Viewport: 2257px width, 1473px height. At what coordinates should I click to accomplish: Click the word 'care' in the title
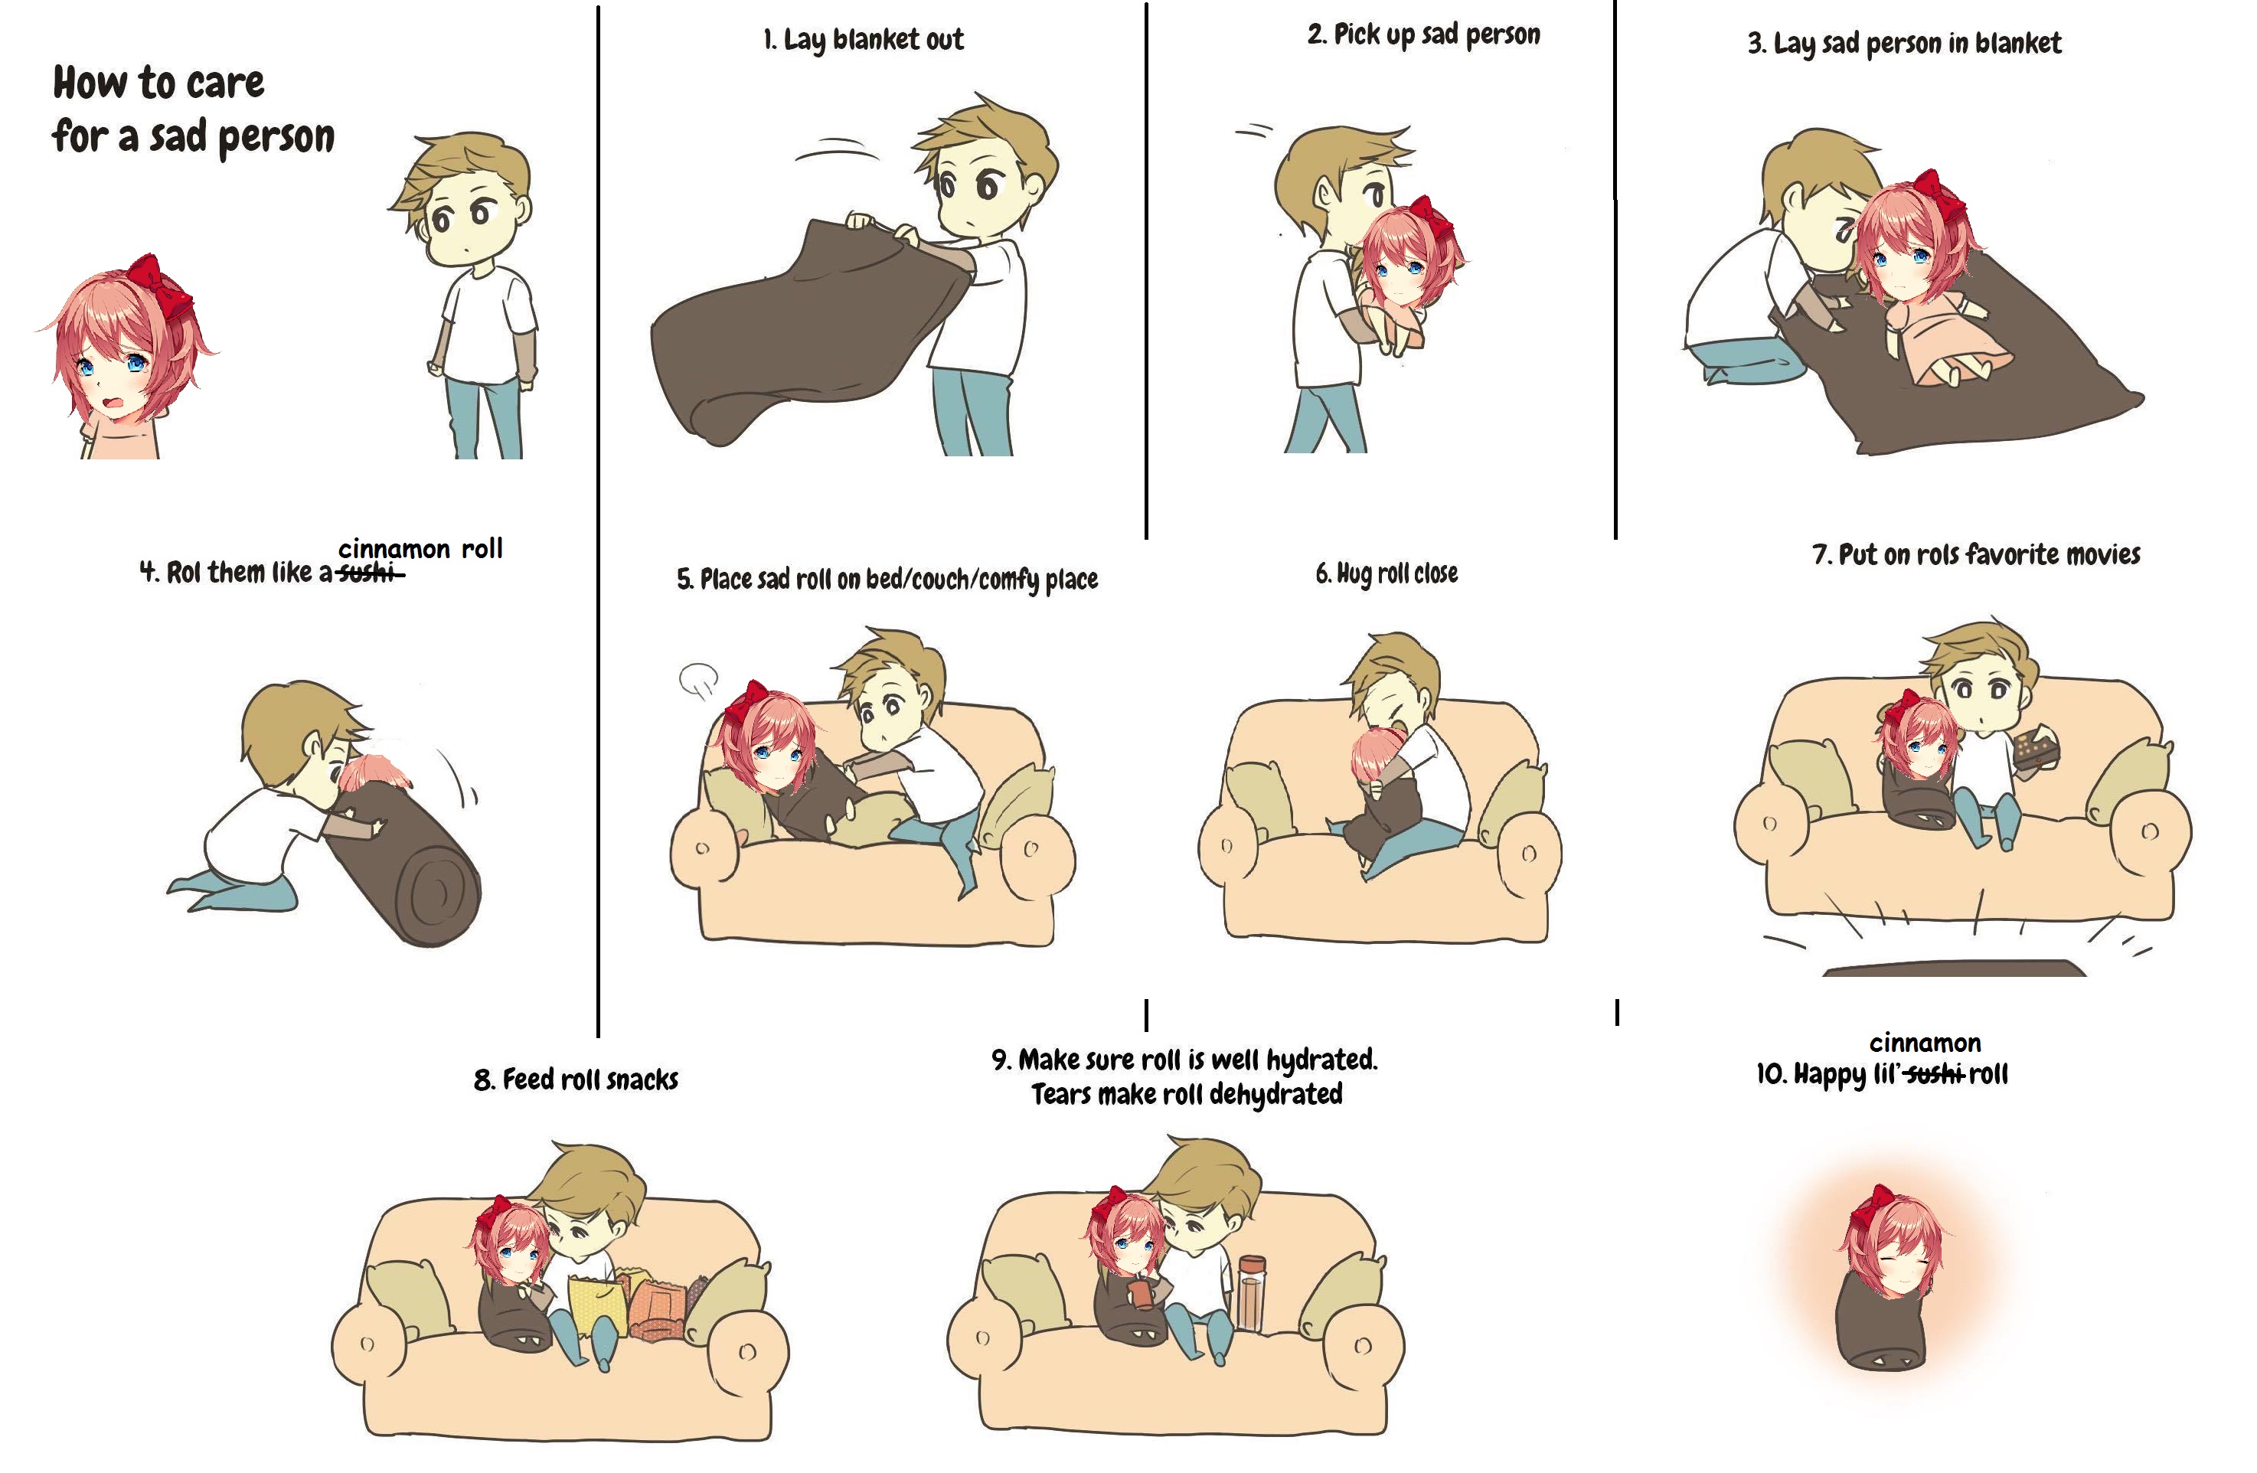226,83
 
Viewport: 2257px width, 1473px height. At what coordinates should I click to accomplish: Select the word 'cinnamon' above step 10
1925,1043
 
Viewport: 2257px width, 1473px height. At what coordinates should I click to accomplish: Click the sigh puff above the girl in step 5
699,679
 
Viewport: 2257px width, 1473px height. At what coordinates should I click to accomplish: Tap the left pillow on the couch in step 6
1259,799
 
